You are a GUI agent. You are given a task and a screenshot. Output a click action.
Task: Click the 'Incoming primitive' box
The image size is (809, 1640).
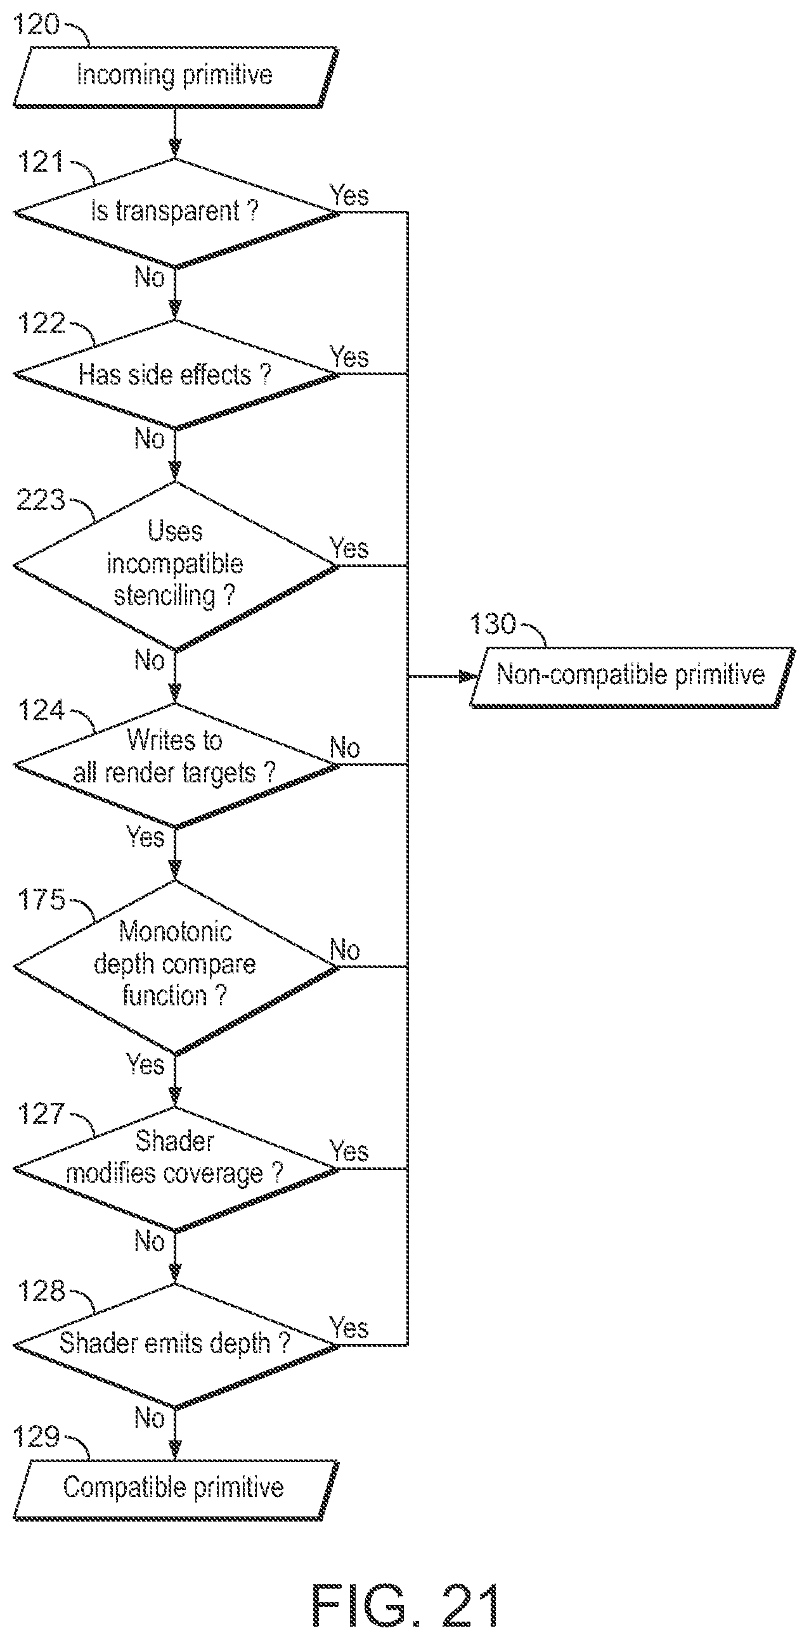coord(175,77)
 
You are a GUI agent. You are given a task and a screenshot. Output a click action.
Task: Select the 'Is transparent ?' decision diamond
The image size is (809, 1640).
coord(176,213)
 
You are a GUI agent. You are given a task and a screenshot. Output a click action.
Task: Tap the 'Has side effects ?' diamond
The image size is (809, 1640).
coord(176,374)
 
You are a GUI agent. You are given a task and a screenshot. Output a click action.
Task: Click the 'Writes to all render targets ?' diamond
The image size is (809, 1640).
coord(176,765)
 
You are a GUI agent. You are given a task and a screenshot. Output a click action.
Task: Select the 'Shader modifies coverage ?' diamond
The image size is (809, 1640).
coord(176,1169)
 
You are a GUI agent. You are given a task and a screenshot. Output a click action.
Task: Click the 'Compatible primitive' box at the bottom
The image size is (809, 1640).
coord(175,1490)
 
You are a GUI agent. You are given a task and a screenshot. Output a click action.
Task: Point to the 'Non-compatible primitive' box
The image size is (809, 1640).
coord(633,677)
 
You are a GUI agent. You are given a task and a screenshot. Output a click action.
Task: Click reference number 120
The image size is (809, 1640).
coord(36,24)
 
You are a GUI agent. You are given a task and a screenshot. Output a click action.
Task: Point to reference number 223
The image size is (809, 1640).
coord(41,500)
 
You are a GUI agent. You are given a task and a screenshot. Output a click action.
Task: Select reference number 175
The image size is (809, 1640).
coord(41,899)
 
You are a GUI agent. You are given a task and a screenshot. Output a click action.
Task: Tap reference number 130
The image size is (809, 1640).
coord(493,624)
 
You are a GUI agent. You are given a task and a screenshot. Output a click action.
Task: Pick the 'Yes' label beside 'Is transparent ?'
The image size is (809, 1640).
coord(349,195)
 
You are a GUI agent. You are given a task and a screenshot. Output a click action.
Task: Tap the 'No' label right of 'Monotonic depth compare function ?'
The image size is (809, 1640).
coord(345,950)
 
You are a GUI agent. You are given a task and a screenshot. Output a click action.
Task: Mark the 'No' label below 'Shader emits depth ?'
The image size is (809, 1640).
coord(150,1418)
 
